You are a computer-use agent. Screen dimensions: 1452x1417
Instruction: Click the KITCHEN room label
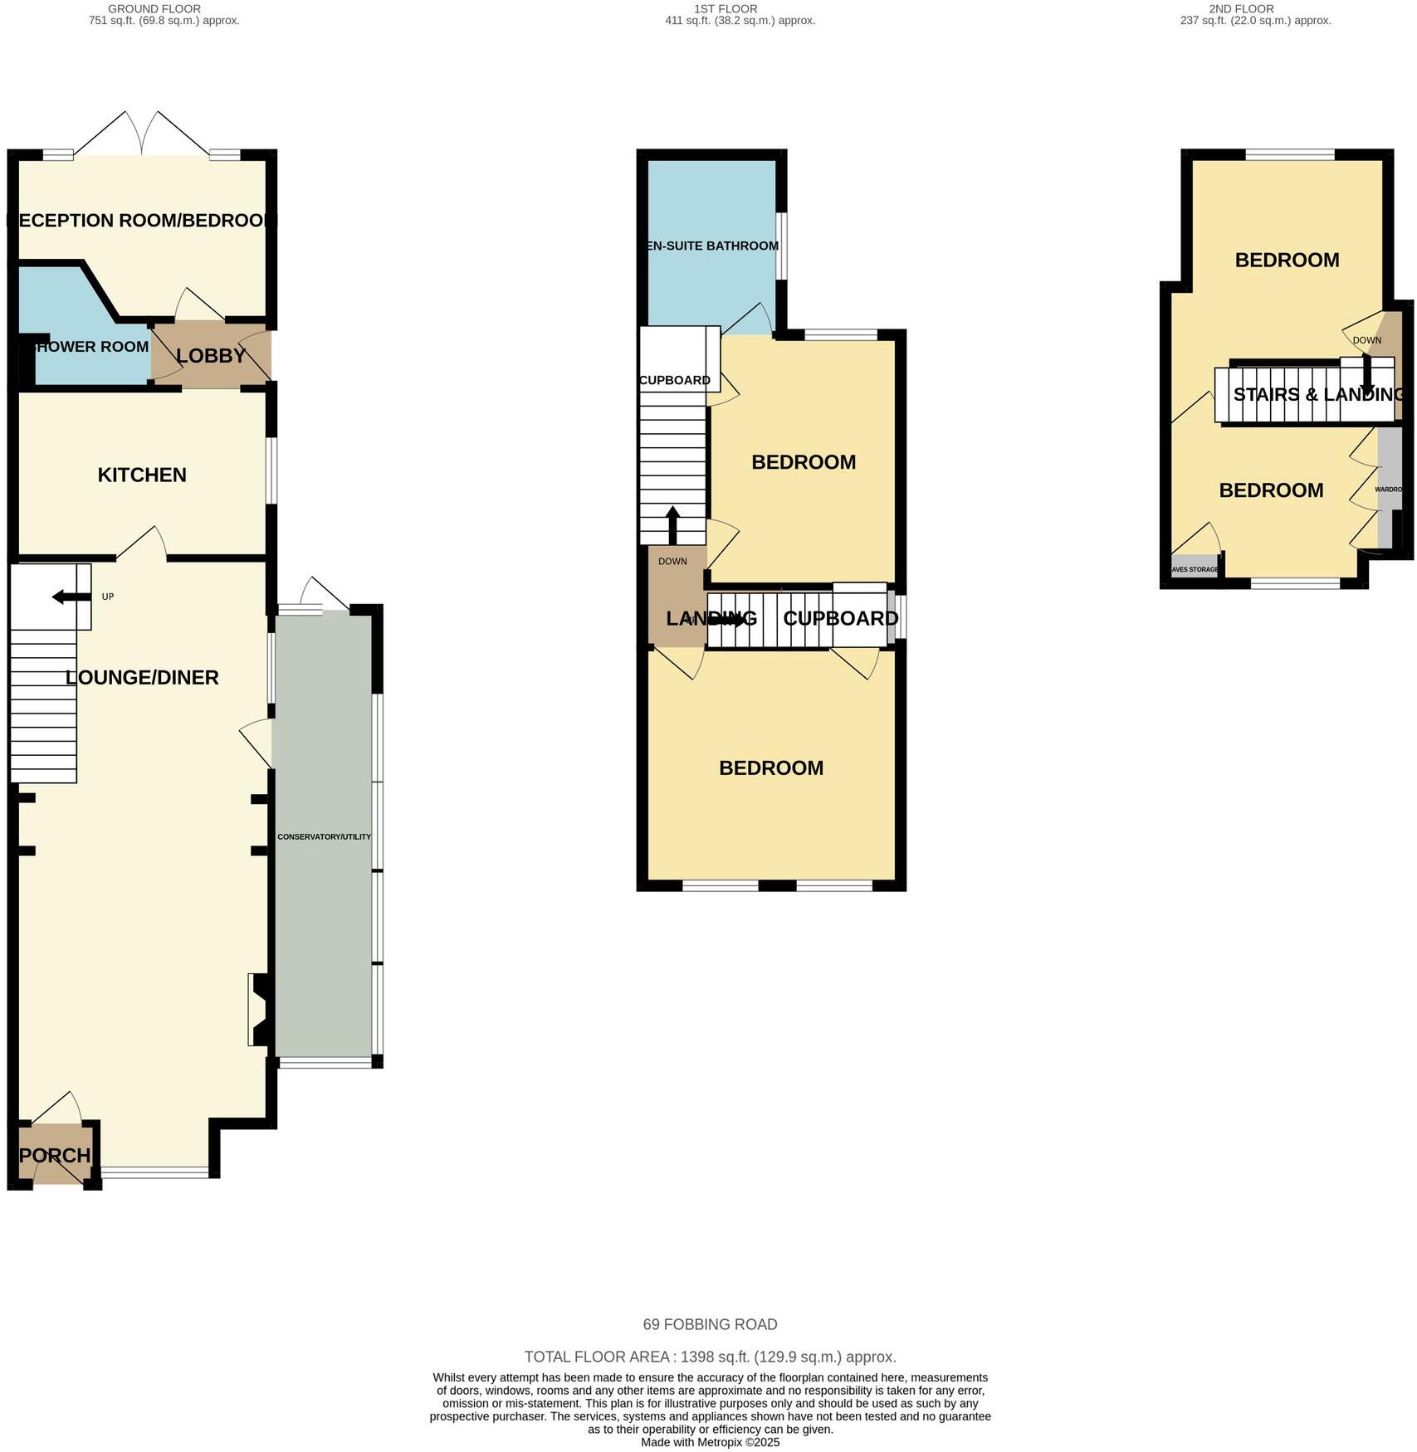tap(142, 475)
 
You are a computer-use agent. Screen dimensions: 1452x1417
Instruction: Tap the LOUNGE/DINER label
tap(142, 677)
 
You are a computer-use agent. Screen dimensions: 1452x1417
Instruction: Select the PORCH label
tap(55, 1155)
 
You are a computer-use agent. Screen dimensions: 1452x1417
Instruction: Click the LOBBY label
tap(211, 355)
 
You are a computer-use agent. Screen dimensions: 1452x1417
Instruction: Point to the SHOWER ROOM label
tap(91, 347)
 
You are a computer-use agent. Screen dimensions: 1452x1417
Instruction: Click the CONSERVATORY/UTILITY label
tap(324, 837)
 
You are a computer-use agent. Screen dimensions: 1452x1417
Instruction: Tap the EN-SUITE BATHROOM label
tap(712, 246)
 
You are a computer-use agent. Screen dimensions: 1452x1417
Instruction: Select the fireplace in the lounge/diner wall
tap(257, 1010)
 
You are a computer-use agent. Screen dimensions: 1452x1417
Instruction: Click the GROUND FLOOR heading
tap(154, 8)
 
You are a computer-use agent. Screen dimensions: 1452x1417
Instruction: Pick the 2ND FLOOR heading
tap(1241, 8)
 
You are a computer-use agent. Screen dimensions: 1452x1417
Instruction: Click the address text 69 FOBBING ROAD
tap(710, 1324)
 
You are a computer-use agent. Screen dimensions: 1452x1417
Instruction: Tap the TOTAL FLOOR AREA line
tap(710, 1357)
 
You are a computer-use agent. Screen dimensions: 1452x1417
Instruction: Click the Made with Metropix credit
tap(710, 1442)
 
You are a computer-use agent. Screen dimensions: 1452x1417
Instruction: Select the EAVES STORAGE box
tap(1195, 569)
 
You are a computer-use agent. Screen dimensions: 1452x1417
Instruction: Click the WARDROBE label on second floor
tap(1388, 490)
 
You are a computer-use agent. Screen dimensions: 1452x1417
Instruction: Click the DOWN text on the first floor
tap(672, 561)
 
